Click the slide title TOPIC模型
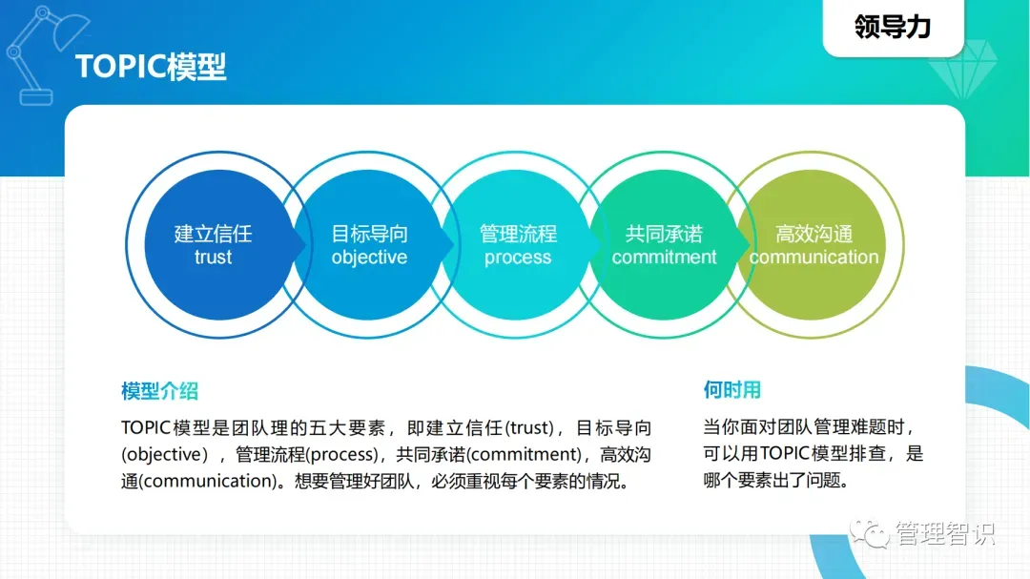pos(151,67)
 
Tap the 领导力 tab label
pos(893,27)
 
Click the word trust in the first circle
pos(213,257)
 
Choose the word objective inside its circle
pos(369,258)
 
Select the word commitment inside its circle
pos(664,257)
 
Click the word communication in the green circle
pos(814,257)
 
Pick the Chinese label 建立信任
pos(213,234)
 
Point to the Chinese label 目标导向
pos(369,234)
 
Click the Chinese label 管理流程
pos(518,234)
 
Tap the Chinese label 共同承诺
pos(664,234)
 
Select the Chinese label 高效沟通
pos(814,234)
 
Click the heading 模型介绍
pos(159,391)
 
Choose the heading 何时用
pos(731,390)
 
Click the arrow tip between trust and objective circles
pos(306,245)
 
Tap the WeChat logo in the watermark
pos(869,532)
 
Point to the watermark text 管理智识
pos(945,533)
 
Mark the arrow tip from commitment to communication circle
pos(751,245)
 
